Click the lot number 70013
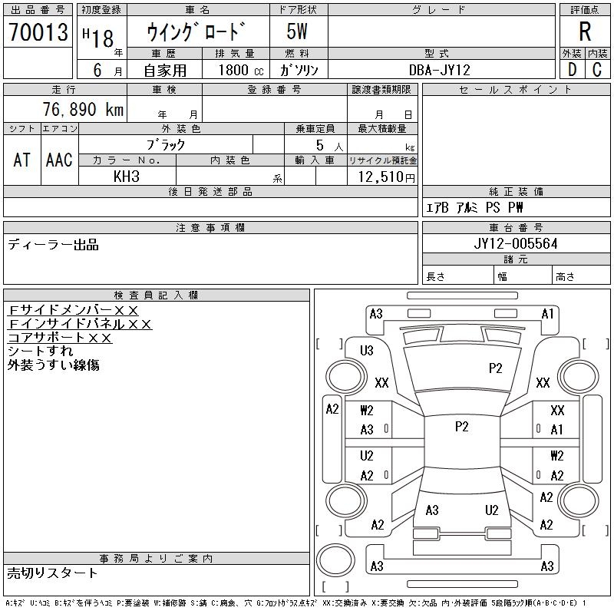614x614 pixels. coord(38,32)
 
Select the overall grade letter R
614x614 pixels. coord(585,32)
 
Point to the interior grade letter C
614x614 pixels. coord(597,69)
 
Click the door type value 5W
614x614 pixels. coord(298,32)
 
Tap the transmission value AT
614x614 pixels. coord(22,160)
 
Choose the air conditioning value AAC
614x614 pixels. coord(59,160)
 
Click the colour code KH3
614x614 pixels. coord(127,177)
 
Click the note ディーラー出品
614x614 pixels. coord(53,246)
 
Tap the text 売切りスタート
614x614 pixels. coord(53,573)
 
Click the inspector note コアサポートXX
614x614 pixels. coord(60,338)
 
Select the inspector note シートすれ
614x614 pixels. coord(41,352)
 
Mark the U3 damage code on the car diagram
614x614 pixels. coord(367,351)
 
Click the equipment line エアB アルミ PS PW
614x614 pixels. coord(474,208)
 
